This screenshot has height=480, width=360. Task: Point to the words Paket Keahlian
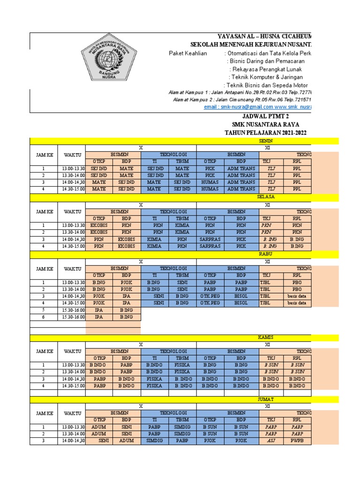[187, 53]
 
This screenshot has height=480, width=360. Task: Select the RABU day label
[266, 254]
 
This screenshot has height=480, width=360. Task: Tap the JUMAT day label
[266, 399]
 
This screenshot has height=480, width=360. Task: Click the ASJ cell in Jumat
[271, 441]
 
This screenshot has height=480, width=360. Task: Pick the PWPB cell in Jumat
[297, 441]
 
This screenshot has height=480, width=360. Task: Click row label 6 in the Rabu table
[43, 317]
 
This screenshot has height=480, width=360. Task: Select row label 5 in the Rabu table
[43, 310]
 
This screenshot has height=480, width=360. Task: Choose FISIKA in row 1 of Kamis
[182, 365]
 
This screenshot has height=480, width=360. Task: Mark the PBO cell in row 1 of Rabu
[297, 283]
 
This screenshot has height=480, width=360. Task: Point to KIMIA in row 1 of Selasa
[182, 225]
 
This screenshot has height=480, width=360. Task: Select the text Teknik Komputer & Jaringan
[266, 77]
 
